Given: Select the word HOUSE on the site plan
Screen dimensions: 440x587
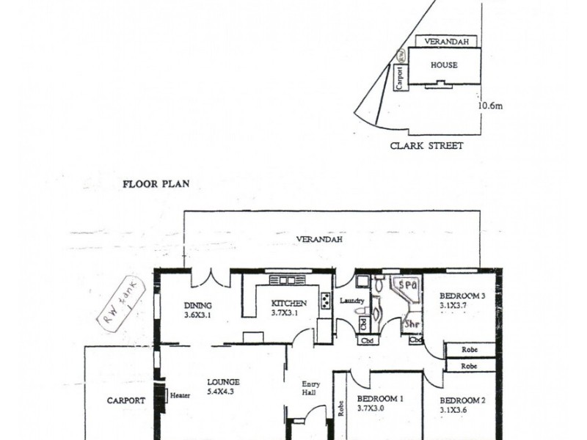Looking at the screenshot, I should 444,65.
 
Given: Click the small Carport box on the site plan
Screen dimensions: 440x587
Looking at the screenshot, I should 400,76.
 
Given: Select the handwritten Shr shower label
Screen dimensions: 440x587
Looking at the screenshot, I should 412,323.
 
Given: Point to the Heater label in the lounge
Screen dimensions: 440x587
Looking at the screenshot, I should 180,396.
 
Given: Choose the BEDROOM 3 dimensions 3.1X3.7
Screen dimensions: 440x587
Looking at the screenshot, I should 453,307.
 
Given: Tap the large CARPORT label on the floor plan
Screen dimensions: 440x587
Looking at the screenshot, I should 125,400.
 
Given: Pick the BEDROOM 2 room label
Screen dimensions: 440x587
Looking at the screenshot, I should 462,400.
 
